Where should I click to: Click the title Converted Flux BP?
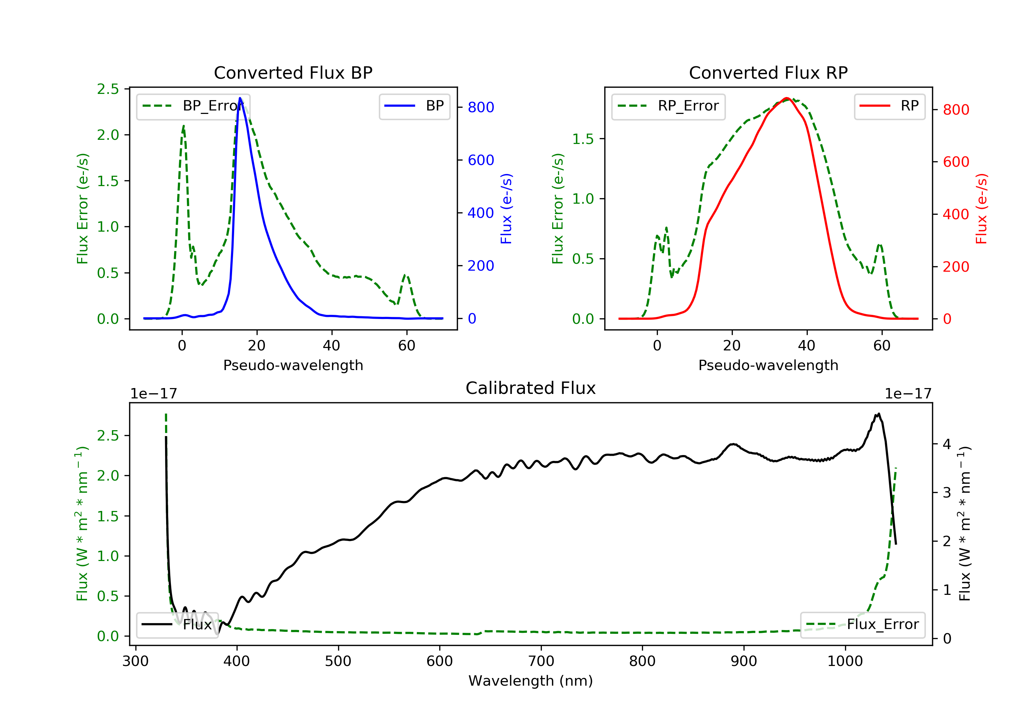pos(293,72)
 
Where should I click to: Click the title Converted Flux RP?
pos(768,72)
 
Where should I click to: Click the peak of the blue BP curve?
pos(240,98)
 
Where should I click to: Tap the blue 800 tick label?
pos(481,107)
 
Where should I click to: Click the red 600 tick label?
pos(956,162)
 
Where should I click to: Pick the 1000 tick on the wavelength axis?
pos(845,661)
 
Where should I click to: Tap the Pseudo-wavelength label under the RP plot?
pos(768,365)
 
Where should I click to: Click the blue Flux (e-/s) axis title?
pos(506,209)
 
